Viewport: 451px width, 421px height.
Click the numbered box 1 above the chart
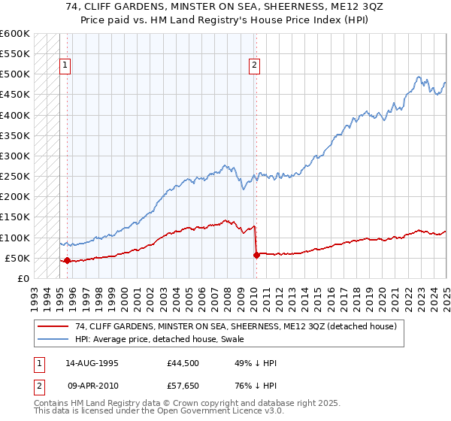[66, 65]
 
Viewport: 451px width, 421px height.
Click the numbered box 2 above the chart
[255, 65]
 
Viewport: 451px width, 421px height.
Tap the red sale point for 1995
[67, 261]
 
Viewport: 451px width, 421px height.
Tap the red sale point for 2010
[256, 255]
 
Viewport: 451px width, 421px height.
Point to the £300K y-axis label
[14, 156]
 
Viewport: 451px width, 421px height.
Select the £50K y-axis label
[17, 259]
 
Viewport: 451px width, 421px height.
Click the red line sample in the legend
[53, 326]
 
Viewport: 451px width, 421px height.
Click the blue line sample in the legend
[53, 339]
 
